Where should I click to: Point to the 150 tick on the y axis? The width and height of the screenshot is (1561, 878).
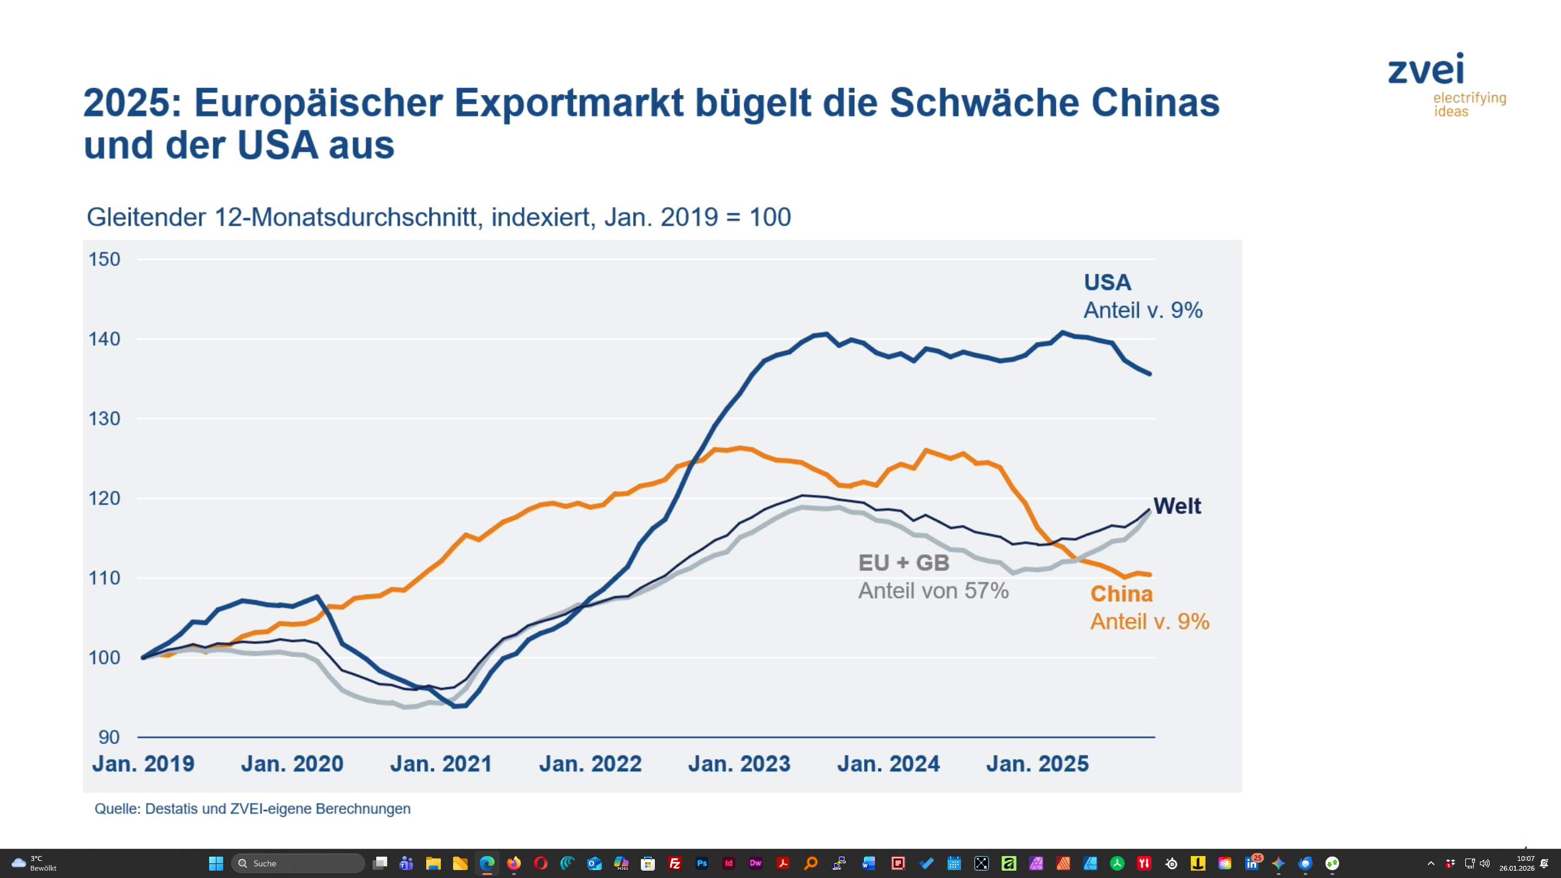tap(104, 259)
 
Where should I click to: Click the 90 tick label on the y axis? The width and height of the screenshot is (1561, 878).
tap(109, 737)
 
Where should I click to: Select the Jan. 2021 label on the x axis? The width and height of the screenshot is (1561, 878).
tap(441, 764)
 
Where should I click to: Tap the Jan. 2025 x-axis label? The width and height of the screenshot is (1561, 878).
tap(1037, 764)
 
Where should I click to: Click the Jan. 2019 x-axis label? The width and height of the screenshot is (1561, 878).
tap(143, 764)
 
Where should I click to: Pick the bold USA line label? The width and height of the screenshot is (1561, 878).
tap(1107, 283)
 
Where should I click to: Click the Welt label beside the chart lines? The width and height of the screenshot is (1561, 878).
tap(1177, 506)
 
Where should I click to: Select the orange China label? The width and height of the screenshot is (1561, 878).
tap(1121, 594)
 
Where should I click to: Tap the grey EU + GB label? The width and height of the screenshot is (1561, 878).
tap(904, 563)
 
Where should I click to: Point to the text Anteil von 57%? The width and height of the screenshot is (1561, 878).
tap(933, 591)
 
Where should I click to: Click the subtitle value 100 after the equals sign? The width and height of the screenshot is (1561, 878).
tap(770, 217)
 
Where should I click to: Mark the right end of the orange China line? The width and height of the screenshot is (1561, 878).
tap(1150, 574)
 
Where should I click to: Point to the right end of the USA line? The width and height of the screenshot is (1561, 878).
tap(1150, 374)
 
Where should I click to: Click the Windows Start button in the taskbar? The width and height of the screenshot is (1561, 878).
tap(216, 863)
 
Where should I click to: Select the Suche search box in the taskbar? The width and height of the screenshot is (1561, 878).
tap(298, 863)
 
